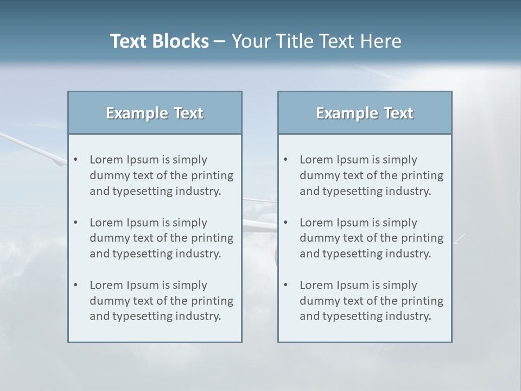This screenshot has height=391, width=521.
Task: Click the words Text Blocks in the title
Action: [x=159, y=41]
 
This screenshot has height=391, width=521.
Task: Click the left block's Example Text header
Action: [x=155, y=113]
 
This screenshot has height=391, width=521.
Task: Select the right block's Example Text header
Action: [x=365, y=113]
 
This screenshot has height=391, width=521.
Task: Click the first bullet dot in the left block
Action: [x=75, y=160]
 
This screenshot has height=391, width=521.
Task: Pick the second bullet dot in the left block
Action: [x=75, y=223]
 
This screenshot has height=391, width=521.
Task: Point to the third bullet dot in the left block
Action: [x=75, y=285]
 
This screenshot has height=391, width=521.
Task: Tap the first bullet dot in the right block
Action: [x=285, y=160]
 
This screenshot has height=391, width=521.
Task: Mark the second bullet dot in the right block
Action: [x=285, y=223]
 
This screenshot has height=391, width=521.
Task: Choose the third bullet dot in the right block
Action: [x=285, y=285]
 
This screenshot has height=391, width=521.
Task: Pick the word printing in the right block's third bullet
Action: [x=423, y=301]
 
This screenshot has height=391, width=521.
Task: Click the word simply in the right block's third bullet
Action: [x=399, y=285]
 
